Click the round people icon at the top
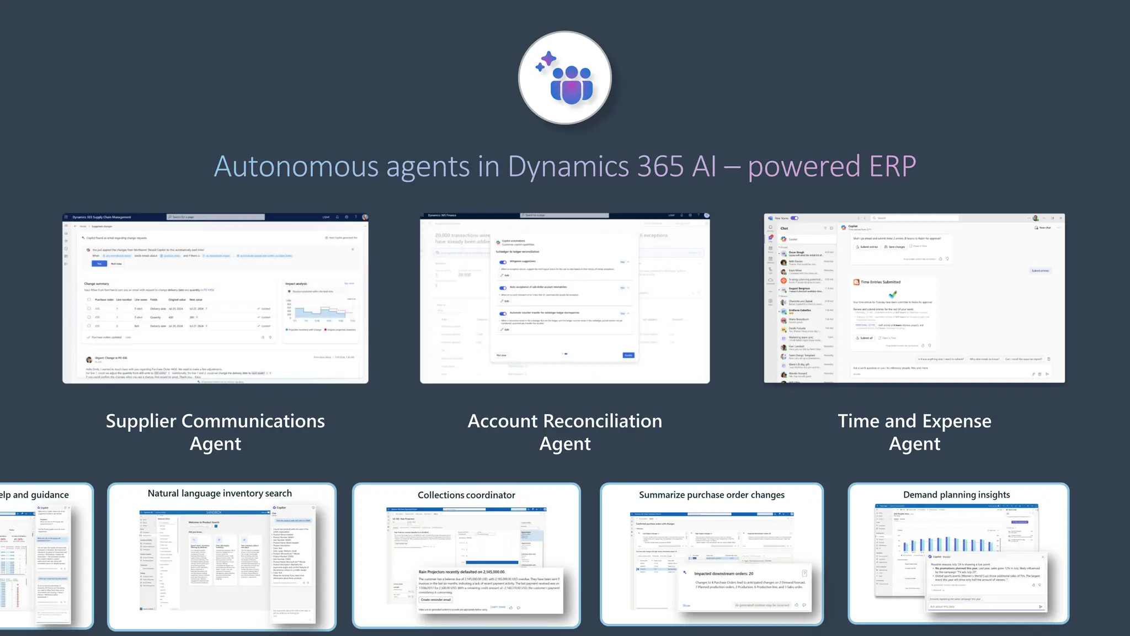pos(564,78)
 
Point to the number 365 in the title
pos(660,166)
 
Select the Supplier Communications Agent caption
pos(215,432)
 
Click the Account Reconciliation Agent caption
pos(564,432)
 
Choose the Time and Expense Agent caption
pos(914,432)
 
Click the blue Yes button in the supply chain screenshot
pos(99,264)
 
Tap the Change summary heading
pos(97,284)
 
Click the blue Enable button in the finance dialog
pos(628,355)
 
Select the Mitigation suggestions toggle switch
pos(503,262)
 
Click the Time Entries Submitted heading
pos(881,282)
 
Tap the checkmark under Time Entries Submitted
pos(893,294)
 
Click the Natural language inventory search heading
pos(220,494)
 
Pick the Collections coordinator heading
pos(466,495)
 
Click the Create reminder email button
pos(436,600)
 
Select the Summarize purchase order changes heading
pos(711,495)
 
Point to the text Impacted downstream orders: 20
pos(723,574)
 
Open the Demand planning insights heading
pos(956,495)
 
